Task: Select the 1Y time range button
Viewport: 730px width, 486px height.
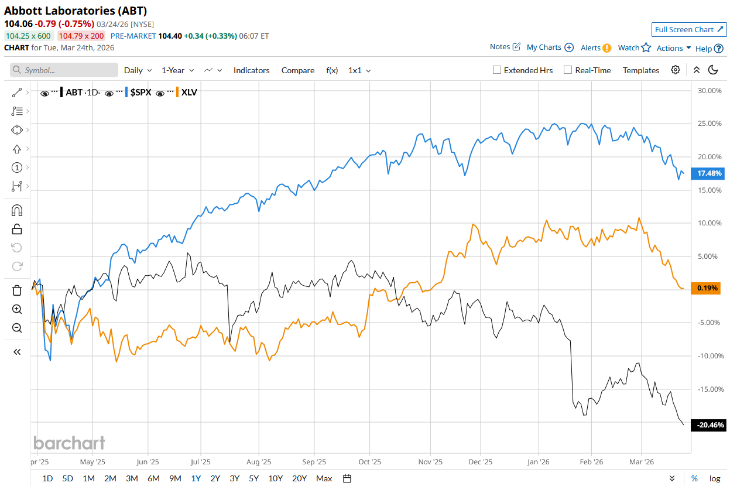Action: coord(196,478)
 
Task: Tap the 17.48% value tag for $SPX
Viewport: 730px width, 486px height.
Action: coord(709,173)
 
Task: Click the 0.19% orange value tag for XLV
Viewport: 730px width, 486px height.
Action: coord(708,288)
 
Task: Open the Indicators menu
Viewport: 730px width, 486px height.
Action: coord(251,70)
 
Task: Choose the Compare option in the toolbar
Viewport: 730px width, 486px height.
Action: coord(297,70)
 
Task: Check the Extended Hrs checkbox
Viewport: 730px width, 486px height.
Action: coord(497,70)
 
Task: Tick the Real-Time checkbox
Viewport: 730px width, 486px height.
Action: coord(567,70)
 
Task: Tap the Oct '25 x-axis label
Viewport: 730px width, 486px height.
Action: coord(369,461)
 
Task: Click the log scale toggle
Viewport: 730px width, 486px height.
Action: coord(714,478)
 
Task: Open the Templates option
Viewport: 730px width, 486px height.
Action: coord(640,70)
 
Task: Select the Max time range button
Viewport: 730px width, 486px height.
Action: coord(324,478)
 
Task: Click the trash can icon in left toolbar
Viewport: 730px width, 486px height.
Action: coord(17,290)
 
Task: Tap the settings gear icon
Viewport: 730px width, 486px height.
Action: coord(676,70)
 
